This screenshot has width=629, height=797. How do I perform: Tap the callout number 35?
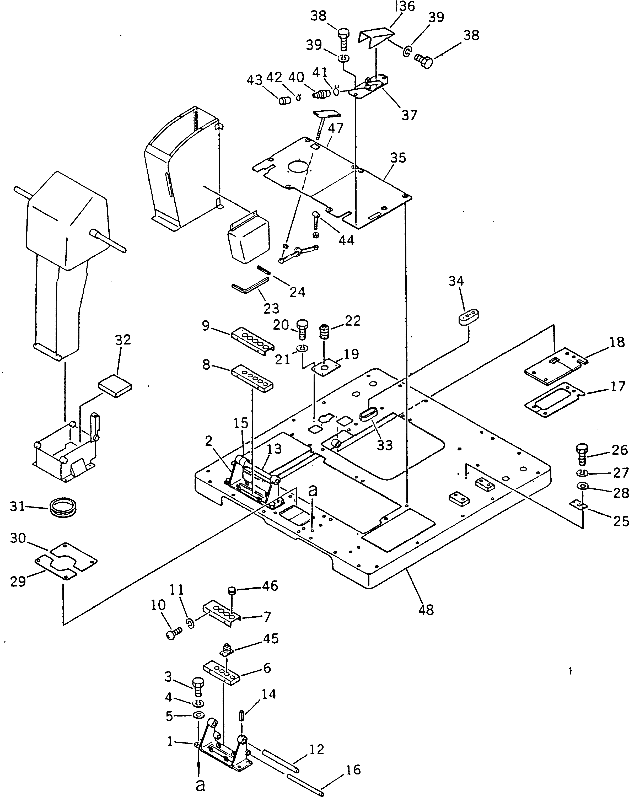398,158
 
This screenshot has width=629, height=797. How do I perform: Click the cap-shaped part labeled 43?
284,100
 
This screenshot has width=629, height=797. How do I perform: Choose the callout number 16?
353,770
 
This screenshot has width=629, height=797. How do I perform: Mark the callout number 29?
18,581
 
